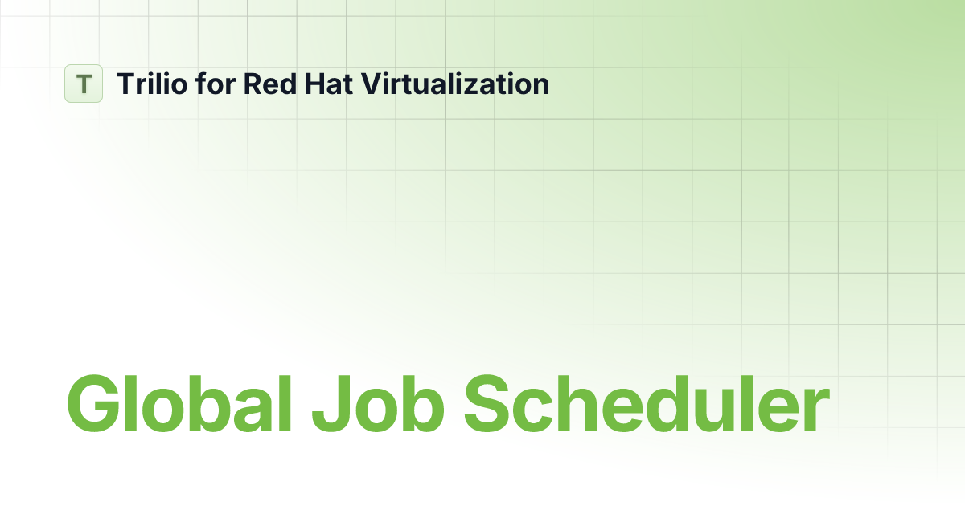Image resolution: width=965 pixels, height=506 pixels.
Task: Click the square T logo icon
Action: pyautogui.click(x=84, y=84)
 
